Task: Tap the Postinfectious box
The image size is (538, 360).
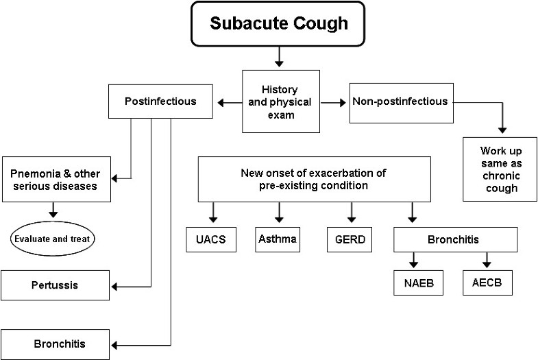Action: pyautogui.click(x=161, y=101)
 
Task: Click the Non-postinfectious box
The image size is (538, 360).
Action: pyautogui.click(x=400, y=101)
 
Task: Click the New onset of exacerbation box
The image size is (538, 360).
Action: pyautogui.click(x=315, y=178)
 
